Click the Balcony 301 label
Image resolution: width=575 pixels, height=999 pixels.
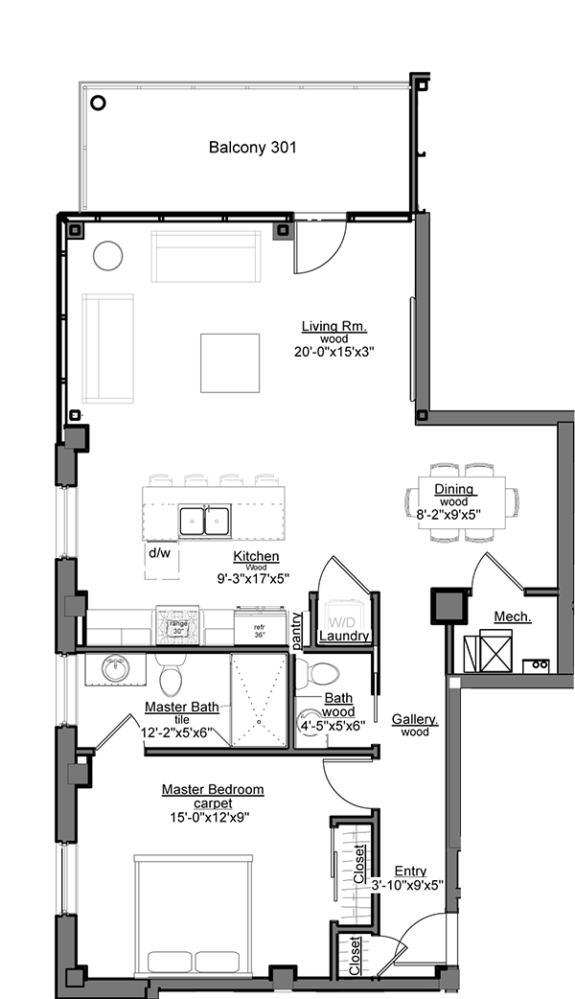pos(252,148)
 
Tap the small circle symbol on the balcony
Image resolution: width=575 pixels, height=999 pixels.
pos(98,104)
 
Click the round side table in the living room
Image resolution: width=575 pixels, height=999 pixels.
pos(107,255)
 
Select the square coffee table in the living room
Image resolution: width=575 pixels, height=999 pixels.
pos(230,362)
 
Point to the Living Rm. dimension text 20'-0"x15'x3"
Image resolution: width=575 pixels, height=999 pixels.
pos(333,352)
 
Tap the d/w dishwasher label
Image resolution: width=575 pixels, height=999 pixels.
pos(159,553)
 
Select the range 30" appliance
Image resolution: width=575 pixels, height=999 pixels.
pos(178,626)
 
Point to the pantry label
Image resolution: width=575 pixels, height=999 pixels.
pos(297,628)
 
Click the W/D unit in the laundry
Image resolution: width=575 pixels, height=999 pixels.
pos(343,614)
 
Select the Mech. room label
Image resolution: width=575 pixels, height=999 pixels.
pos(513,616)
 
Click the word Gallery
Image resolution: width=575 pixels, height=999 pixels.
pos(415,719)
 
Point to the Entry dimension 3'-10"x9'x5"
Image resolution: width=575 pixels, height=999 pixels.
pos(407,885)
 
